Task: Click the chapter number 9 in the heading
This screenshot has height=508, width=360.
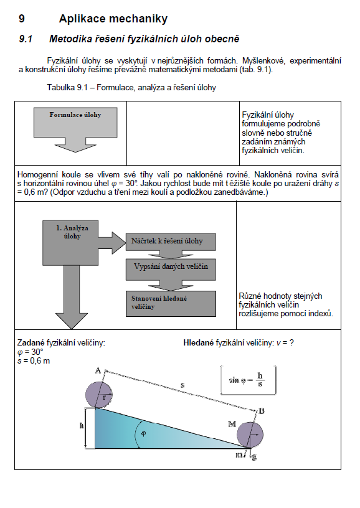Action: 22,19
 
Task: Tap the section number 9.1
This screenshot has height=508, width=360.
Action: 26,39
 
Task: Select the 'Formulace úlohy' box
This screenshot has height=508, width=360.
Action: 75,123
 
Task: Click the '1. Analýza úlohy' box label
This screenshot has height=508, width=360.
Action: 72,232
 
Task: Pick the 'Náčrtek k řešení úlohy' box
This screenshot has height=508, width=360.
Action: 171,242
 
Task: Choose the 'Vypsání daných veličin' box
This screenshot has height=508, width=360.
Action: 171,269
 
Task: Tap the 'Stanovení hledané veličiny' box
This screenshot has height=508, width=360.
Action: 171,304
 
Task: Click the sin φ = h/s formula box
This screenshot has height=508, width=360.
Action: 249,380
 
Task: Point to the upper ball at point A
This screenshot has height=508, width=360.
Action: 99,395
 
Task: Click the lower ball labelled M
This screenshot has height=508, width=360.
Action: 250,435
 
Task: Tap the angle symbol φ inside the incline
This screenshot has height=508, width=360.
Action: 143,433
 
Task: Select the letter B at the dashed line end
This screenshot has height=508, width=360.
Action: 262,411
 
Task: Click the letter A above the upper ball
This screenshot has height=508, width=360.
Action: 98,370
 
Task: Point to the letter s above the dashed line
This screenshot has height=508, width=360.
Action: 182,385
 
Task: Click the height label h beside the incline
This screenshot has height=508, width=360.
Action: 82,425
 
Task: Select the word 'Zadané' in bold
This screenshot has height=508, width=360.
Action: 31,343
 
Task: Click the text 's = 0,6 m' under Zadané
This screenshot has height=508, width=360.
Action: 34,361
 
